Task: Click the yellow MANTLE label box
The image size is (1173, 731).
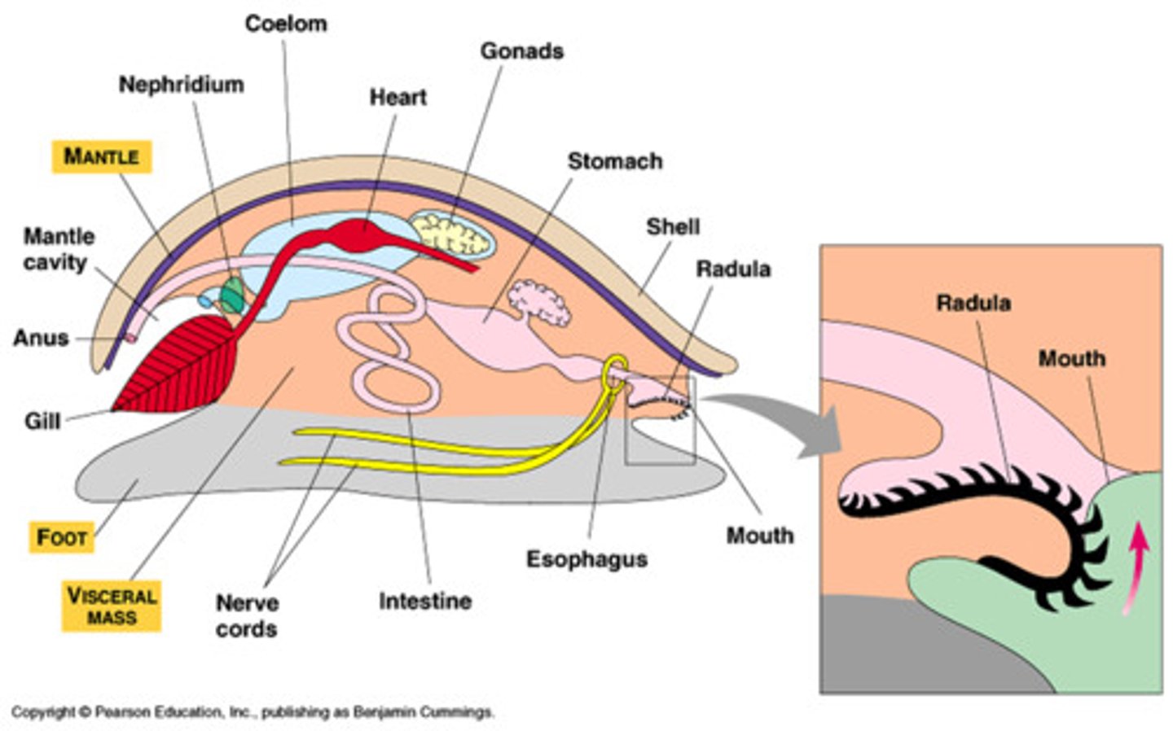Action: point(102,156)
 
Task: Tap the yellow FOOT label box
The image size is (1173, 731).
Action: point(62,537)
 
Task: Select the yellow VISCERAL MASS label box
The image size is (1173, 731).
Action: point(112,606)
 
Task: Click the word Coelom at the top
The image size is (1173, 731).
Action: point(286,24)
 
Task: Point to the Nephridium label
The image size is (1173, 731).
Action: point(181,85)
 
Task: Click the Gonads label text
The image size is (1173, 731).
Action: point(521,51)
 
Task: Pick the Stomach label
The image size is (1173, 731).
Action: point(614,161)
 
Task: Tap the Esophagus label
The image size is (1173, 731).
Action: point(586,559)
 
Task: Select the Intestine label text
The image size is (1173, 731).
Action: point(424,602)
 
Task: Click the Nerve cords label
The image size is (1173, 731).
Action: point(246,616)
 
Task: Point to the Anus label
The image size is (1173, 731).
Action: point(41,338)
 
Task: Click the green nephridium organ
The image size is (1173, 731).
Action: point(233,295)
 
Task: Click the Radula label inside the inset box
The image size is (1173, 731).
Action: point(973,303)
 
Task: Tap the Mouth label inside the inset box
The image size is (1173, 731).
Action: point(1071,358)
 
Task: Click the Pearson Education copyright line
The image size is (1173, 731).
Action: point(253,712)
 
